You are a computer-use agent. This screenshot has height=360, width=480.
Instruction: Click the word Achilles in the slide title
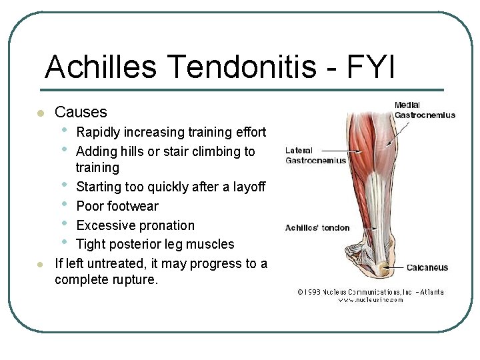(101, 67)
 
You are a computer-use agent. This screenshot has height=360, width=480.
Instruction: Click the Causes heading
(81, 112)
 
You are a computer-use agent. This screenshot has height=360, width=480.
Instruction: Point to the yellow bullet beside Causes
(40, 113)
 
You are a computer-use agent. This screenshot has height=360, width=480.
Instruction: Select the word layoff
(247, 187)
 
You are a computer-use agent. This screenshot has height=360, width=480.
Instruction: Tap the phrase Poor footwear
(117, 206)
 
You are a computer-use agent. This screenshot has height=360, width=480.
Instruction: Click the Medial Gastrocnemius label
(424, 110)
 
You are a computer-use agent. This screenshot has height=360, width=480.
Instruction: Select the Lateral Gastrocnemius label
(315, 155)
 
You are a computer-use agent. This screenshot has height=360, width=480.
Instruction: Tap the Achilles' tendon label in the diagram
(317, 228)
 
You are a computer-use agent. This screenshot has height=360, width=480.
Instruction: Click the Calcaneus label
(427, 268)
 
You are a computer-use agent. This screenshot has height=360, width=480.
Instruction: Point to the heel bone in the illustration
(383, 269)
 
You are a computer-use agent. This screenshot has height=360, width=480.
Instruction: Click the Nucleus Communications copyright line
(370, 292)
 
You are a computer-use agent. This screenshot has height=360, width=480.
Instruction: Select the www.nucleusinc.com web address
(371, 300)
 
